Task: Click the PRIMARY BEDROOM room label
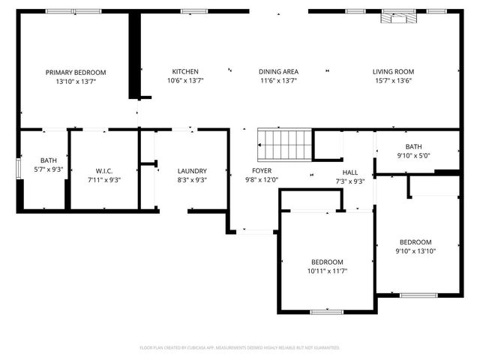point(75,72)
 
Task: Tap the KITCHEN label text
point(184,72)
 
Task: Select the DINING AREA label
point(278,72)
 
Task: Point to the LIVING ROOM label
point(392,72)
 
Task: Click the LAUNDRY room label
point(191,170)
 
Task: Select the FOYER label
point(262,170)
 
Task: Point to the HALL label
point(349,172)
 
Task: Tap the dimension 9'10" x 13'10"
point(415,251)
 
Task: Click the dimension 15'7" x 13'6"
point(392,81)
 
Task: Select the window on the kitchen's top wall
point(193,10)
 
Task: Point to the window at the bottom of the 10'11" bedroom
point(326,311)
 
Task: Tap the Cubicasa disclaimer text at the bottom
point(240,348)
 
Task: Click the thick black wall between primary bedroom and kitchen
point(134,56)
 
